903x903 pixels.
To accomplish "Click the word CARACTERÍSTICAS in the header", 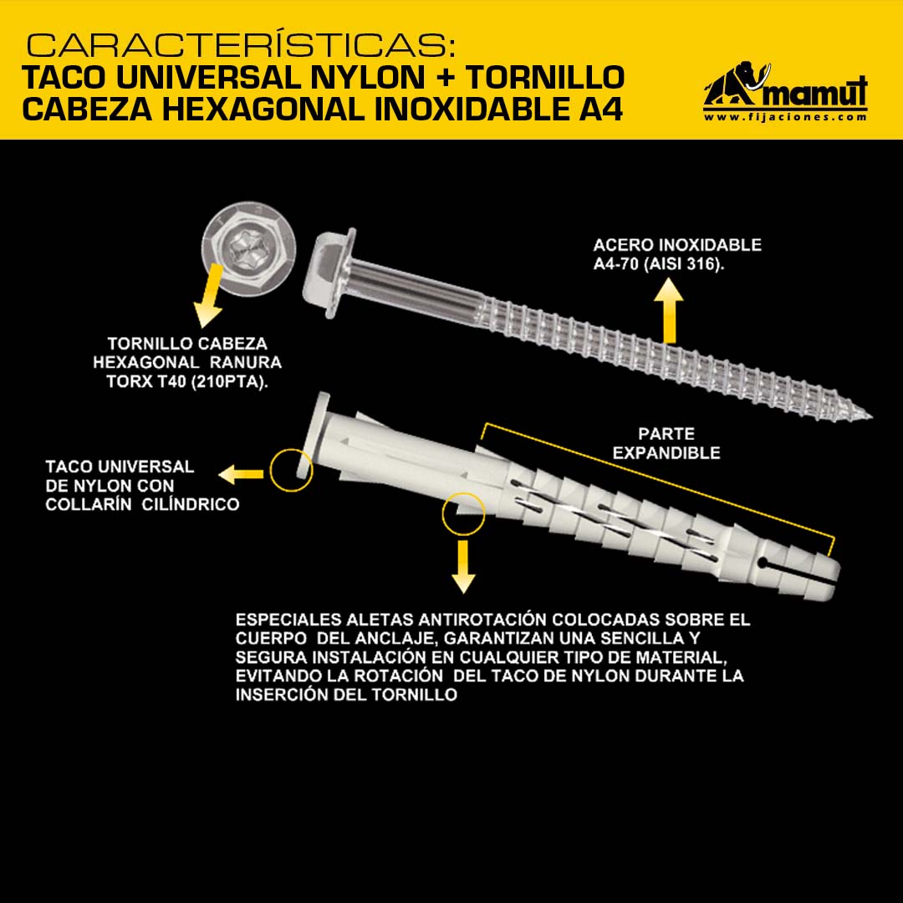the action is tap(241, 45).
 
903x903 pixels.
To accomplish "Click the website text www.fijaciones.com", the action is tap(785, 117).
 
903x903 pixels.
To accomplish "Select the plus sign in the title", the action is tap(445, 77).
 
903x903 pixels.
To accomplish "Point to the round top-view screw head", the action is tap(249, 249).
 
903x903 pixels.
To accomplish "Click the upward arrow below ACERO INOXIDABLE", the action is tap(668, 310).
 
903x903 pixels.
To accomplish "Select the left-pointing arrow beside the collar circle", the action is tap(241, 475).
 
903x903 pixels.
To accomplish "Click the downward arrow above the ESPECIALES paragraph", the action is tap(463, 567).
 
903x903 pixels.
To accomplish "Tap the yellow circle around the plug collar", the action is tap(292, 471).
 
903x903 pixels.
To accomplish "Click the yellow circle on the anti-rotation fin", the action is tap(463, 514).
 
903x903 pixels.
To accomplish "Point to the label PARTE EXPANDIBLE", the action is tap(666, 443).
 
